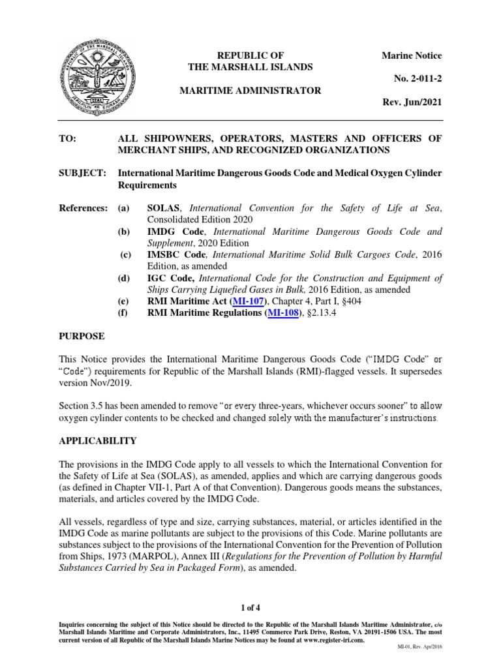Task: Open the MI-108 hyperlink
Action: (284, 313)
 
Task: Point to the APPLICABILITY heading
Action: (97, 440)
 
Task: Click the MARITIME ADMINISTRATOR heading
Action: (250, 91)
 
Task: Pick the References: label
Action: (83, 207)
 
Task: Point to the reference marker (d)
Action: (123, 278)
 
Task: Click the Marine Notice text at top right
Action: (411, 56)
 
